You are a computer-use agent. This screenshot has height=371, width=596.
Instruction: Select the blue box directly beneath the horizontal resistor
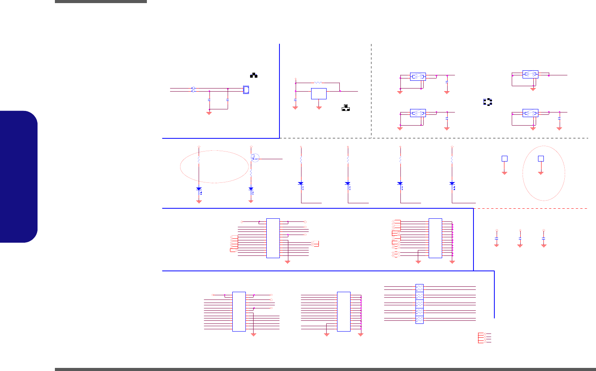point(319,94)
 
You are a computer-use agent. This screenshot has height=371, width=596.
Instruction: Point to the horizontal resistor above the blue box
point(318,82)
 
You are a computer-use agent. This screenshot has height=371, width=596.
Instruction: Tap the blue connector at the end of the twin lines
point(246,90)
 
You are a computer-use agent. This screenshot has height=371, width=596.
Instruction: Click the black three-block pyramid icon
point(254,75)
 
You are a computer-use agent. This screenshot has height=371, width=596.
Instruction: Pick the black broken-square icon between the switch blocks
point(488,102)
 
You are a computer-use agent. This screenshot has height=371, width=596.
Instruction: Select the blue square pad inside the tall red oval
point(541,158)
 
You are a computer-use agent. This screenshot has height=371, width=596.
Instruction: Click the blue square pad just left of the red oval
point(504,158)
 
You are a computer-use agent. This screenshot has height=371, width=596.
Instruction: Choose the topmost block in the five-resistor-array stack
point(419,288)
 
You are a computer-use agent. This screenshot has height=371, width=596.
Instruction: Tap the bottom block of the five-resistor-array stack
point(419,320)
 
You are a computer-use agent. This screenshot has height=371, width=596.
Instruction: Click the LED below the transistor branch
point(251,189)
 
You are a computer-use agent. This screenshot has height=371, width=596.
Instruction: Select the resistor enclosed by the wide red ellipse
point(199,159)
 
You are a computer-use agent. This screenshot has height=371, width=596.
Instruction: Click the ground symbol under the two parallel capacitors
point(209,113)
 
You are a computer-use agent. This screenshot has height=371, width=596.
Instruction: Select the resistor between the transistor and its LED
point(251,173)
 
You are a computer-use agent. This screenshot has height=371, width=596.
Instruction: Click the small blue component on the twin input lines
point(193,90)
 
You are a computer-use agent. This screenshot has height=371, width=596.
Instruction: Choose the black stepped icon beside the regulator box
point(346,108)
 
